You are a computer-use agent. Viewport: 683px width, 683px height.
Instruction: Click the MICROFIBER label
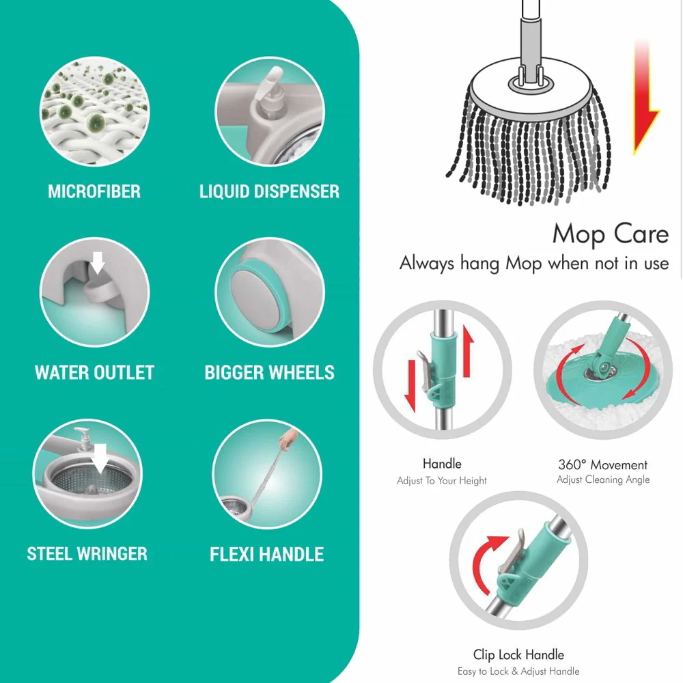coord(94,191)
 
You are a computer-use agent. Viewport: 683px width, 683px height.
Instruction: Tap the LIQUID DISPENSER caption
coord(269,191)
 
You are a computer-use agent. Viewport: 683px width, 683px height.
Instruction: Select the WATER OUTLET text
coord(94,373)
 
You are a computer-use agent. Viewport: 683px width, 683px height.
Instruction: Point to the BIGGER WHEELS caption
coord(269,373)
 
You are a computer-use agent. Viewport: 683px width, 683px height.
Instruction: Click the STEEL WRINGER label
coord(87,553)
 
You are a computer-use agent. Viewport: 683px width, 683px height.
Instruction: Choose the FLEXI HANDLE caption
coord(267,554)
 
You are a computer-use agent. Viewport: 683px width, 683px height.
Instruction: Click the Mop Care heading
coord(610,234)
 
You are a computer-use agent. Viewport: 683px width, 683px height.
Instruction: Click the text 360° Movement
coord(602,465)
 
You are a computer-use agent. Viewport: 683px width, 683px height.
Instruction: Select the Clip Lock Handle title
coord(518,655)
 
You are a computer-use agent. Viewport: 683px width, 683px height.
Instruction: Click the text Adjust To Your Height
coord(442,481)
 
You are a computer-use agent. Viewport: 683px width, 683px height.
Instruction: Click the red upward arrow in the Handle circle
coord(468,348)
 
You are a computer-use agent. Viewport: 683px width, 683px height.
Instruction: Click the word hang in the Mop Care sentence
coord(482,264)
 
